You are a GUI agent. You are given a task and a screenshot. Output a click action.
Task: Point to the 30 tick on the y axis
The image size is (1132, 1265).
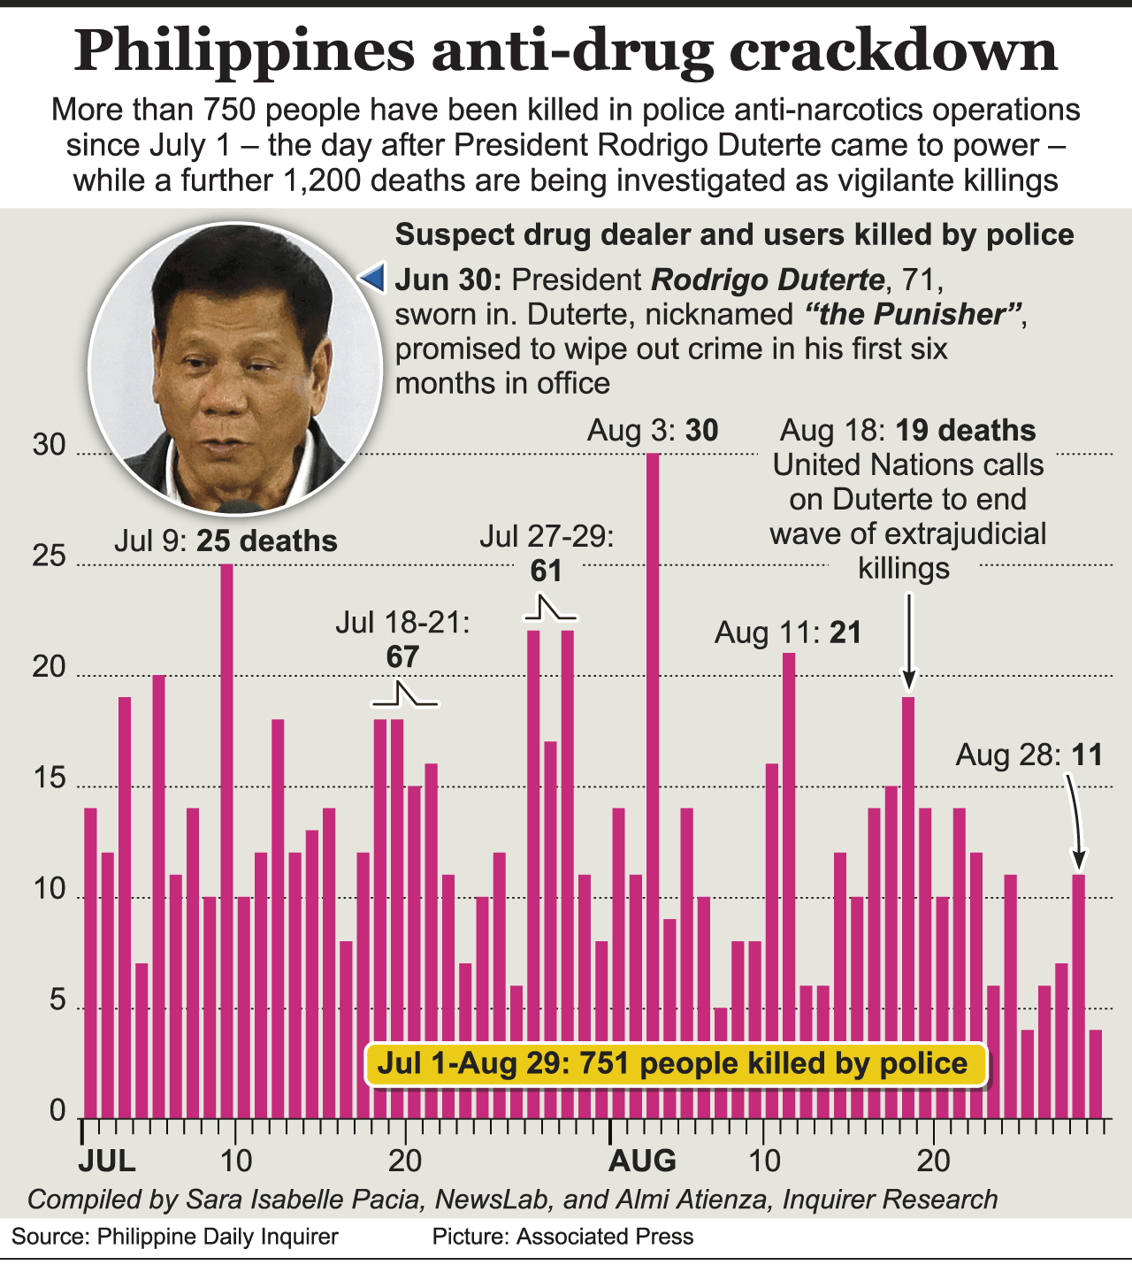pos(50,445)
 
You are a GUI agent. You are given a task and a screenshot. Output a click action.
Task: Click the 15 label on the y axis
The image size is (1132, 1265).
pos(50,778)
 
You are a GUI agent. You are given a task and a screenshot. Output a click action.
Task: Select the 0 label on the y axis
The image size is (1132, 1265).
pos(57,1111)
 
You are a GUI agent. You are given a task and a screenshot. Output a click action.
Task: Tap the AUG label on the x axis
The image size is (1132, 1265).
pos(643,1160)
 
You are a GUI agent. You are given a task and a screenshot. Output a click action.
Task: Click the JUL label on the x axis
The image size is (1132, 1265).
pos(107,1160)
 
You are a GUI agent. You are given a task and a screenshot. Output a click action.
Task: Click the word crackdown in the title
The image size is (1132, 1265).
pos(893,50)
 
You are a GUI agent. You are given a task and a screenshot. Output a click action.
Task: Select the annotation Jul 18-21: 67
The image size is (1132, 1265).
pos(402,639)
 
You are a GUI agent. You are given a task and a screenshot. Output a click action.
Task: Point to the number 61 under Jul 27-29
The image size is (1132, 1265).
pos(547,571)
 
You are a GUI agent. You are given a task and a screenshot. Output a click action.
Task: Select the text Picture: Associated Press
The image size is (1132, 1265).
pos(562,1236)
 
